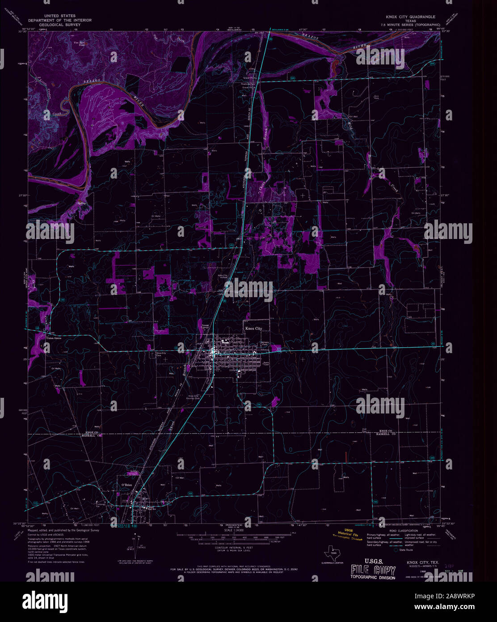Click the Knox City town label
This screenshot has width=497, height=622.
(253, 328)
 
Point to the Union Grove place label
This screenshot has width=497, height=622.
(53, 338)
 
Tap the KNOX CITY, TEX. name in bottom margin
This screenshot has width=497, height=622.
(422, 562)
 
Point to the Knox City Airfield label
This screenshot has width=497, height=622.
(222, 276)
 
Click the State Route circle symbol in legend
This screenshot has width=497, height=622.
(396, 550)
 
